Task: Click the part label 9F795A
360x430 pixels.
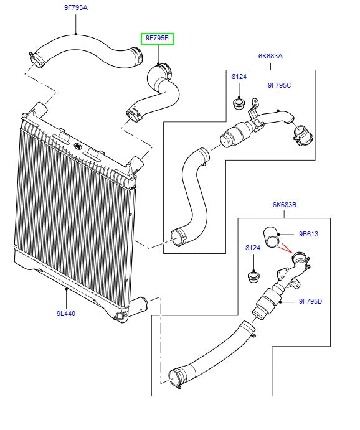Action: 76,9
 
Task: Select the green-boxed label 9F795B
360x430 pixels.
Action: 157,39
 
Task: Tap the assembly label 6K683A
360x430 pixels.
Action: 270,55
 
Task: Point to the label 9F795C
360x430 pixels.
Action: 279,85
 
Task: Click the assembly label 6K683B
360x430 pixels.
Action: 284,203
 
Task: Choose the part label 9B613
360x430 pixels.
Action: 310,235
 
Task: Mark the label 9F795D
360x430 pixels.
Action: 310,302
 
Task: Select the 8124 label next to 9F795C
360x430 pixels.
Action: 239,77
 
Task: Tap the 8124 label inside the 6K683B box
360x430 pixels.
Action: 252,248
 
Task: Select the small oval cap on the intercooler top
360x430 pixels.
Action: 78,146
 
